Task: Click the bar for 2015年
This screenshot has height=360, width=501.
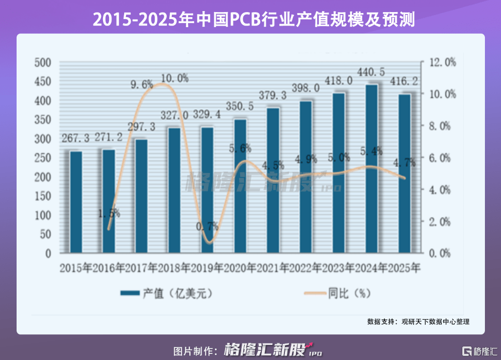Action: click(x=76, y=202)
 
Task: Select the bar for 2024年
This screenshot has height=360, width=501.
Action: click(x=371, y=168)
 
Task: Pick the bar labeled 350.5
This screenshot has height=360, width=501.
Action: click(x=240, y=186)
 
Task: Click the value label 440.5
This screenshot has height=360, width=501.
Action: click(x=372, y=72)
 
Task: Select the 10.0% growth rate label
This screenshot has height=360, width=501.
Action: click(x=175, y=78)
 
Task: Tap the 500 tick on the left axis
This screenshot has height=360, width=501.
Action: click(x=43, y=62)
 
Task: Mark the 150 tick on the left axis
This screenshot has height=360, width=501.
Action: click(x=43, y=196)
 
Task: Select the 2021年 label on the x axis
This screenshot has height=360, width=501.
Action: click(x=273, y=267)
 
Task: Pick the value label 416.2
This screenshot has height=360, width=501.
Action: click(x=405, y=82)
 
